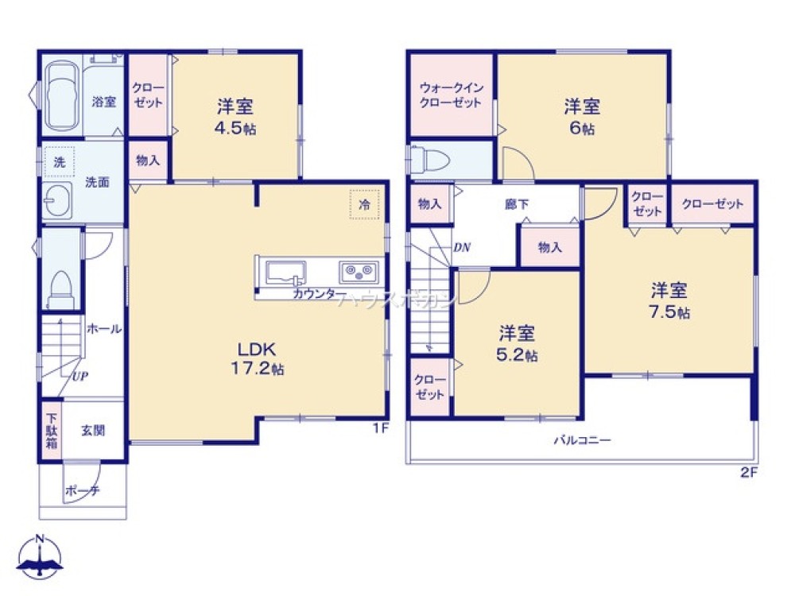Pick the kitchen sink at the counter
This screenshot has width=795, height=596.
point(287,273)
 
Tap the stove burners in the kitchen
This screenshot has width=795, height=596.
point(359,272)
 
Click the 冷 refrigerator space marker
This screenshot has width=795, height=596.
point(364,204)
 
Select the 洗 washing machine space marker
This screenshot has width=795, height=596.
point(59,160)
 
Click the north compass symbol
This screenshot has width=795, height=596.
point(41,556)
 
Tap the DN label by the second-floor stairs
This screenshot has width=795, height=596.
point(462,246)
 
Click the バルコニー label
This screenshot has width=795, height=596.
point(582,440)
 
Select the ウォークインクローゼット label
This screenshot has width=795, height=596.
point(452,95)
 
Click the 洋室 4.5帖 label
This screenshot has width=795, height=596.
point(235,116)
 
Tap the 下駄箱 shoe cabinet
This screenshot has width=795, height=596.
point(50,430)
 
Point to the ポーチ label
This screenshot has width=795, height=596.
point(82,490)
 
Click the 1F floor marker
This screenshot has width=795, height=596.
point(381,429)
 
